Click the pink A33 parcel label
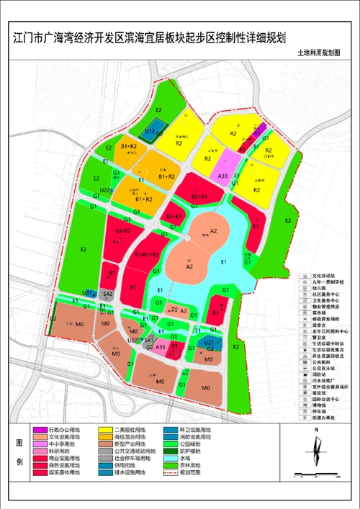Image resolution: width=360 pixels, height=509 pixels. [223, 176]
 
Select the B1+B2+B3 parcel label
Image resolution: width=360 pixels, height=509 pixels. [146, 255]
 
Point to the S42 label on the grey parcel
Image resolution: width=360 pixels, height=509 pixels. [107, 294]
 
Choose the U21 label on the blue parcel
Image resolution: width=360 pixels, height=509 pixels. [208, 343]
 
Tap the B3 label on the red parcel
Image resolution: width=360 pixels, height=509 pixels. [256, 226]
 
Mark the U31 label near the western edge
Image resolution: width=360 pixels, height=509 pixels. [86, 293]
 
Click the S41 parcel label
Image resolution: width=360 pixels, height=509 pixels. [148, 338]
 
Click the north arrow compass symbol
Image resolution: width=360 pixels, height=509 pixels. [315, 450]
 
